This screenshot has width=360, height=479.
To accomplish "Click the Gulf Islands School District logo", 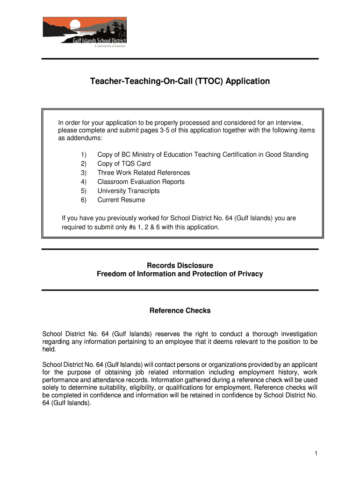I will (x=85, y=32).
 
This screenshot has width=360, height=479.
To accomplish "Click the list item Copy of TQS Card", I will (x=124, y=164).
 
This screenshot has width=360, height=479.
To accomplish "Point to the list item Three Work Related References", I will (x=144, y=173).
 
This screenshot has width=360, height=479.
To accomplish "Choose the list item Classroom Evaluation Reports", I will (x=141, y=182).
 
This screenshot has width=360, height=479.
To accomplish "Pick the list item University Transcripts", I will (x=128, y=191).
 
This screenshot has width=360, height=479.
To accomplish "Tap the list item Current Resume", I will (x=121, y=200).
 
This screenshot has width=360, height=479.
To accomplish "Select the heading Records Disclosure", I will (x=180, y=266).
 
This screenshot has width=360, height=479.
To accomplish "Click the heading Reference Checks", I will (x=180, y=311).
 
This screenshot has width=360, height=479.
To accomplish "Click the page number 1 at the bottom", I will (x=317, y=453).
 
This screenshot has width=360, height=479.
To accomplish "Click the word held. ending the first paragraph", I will (x=49, y=349).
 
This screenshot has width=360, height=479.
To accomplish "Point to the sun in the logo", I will (x=74, y=24).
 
